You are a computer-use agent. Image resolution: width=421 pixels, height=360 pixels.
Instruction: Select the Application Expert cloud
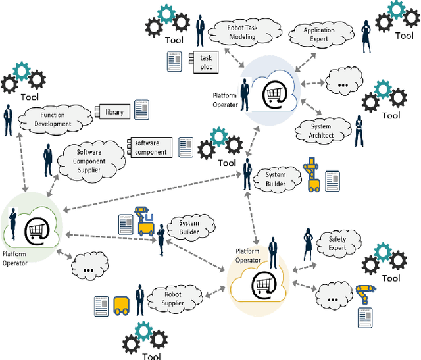319,34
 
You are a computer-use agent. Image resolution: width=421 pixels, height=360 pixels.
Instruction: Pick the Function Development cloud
53,120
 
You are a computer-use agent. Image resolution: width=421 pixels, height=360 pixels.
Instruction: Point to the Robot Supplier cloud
174,299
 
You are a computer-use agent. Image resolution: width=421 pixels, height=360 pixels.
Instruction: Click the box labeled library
114,112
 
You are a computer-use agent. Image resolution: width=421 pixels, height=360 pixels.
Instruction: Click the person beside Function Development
9,121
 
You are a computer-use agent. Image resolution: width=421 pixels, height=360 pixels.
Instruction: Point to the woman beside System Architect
359,132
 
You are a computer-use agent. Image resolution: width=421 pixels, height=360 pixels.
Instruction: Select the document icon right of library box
141,110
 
